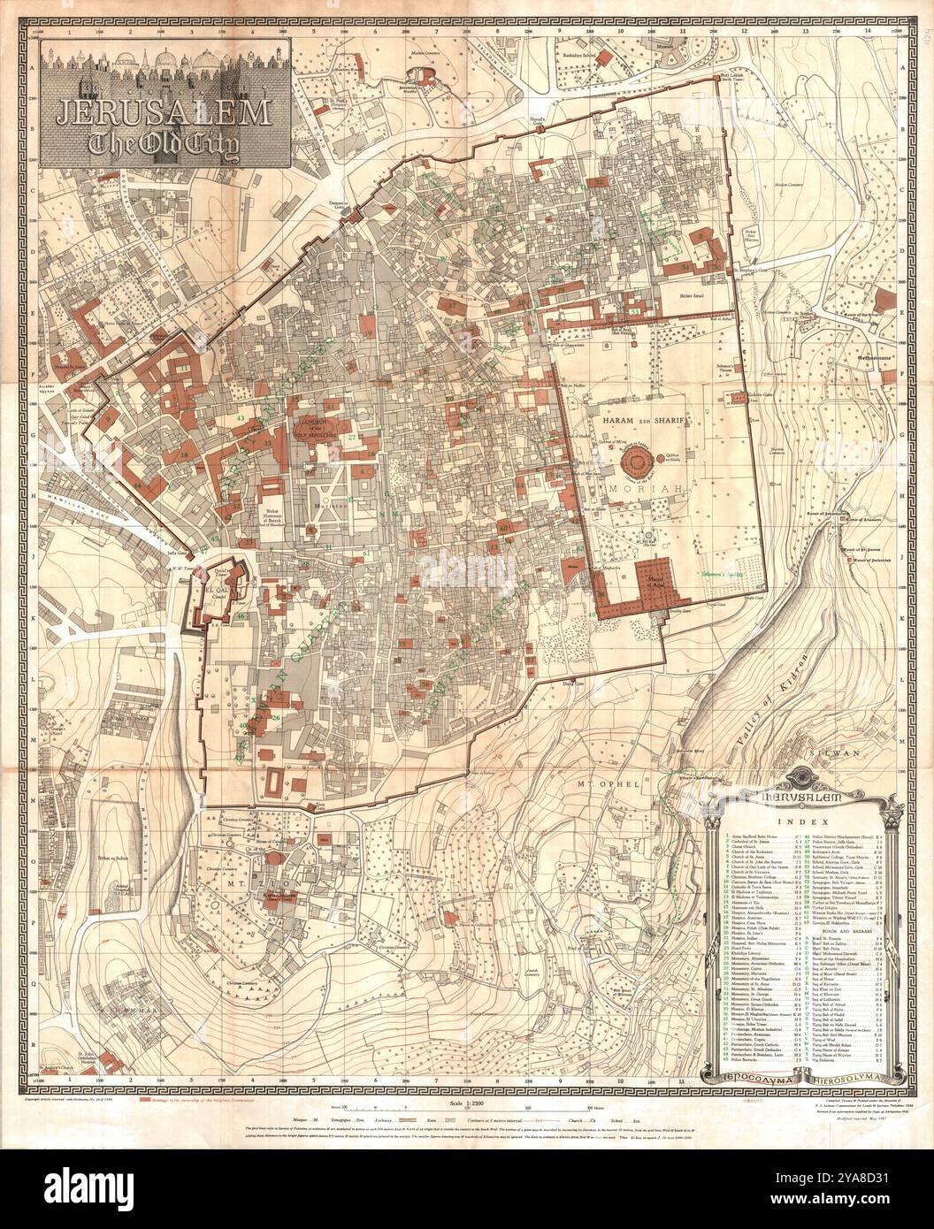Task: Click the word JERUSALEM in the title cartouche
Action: coord(165,112)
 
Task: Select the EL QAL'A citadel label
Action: coord(218,587)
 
